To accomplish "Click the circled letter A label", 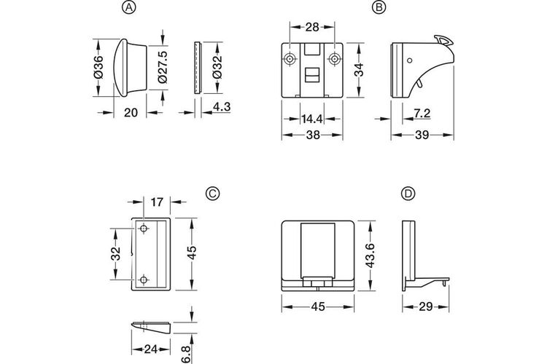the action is tap(129, 7).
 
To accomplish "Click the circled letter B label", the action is tap(378, 7).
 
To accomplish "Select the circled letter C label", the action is tap(212, 194).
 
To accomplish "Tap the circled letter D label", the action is tap(408, 194).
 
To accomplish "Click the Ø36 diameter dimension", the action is tap(98, 66).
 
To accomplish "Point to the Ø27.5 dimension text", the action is tap(162, 68).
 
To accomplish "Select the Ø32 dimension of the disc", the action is tap(217, 67).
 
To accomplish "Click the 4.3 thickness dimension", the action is tap(222, 106).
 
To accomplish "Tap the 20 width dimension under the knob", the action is tap(131, 113).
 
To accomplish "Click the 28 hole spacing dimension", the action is tap(312, 27).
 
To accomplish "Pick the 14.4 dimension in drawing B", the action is tap(312, 119).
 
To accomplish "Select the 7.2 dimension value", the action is tap(422, 114).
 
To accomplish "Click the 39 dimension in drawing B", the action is tap(422, 135).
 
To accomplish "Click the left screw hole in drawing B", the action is tap(290, 59).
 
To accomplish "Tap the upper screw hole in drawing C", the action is tap(144, 229).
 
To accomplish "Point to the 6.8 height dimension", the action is tap(187, 354).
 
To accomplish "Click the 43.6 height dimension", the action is tap(370, 256).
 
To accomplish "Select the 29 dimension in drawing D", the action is tap(426, 306).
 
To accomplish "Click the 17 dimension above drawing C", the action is tap(157, 202).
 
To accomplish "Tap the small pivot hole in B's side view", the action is tap(410, 60).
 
